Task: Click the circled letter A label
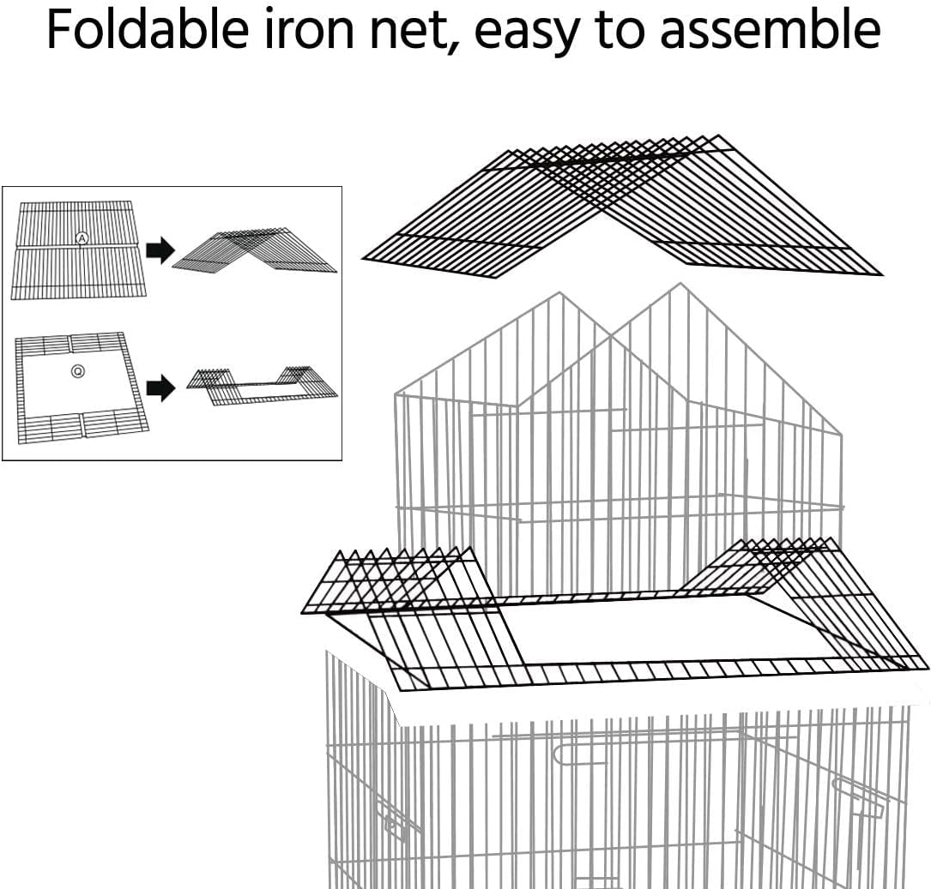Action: (x=82, y=238)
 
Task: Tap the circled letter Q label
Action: (x=77, y=371)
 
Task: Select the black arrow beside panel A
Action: (x=160, y=250)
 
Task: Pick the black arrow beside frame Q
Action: (x=160, y=387)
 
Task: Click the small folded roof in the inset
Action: (x=256, y=250)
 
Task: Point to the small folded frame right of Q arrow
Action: (x=262, y=386)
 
